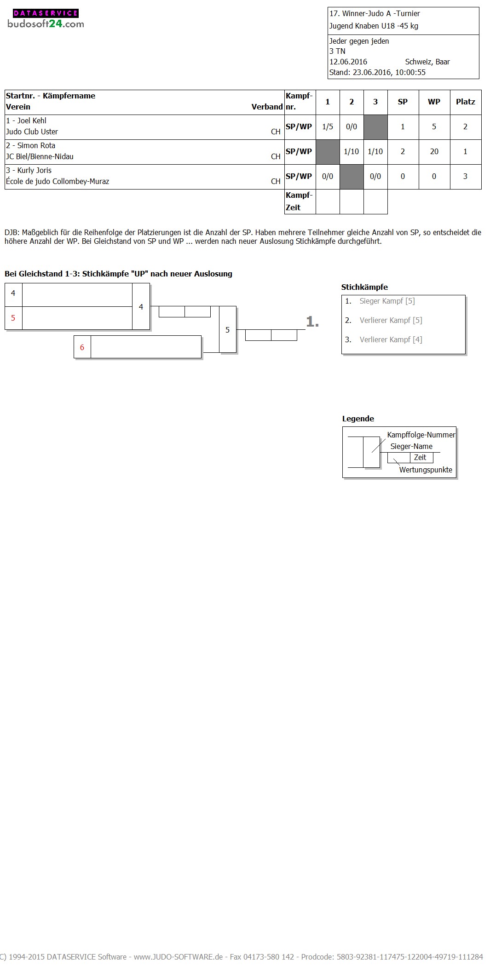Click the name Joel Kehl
pos(31,121)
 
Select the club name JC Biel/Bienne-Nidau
pos(40,156)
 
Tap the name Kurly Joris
pos(34,170)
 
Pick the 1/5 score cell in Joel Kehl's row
pos(328,126)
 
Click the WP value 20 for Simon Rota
pos(434,151)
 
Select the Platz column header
pos(465,102)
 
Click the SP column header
pos(403,102)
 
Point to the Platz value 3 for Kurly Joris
pos(465,176)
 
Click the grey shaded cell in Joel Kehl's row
pos(375,126)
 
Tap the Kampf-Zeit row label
pos(299,201)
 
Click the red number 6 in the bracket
pos(82,347)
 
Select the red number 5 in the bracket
pos(13,318)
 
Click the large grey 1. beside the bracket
pos(312,322)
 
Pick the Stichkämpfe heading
pos(364,287)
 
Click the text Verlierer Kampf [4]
pos(391,339)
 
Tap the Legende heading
pos(358,419)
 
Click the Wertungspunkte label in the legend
pos(426,470)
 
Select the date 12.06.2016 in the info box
pos(348,62)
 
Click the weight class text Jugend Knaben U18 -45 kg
pos(374,26)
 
